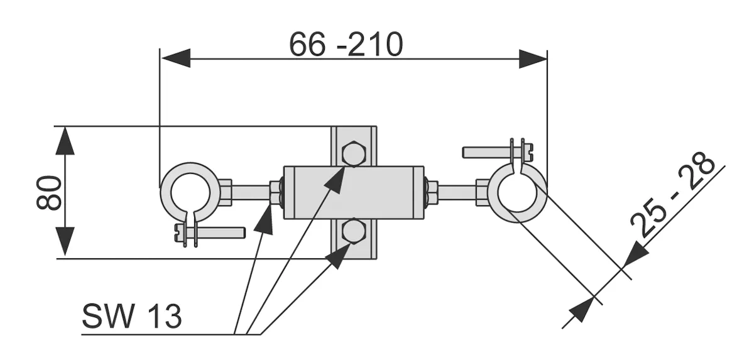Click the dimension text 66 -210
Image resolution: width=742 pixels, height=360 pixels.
point(346,45)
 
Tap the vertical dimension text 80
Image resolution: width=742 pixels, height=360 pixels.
point(49,192)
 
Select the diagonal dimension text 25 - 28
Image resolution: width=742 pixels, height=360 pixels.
point(672,194)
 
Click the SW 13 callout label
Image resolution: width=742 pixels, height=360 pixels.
point(131,316)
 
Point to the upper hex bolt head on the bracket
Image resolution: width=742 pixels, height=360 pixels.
point(353,153)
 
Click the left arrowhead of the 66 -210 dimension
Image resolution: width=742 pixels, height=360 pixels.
point(175,58)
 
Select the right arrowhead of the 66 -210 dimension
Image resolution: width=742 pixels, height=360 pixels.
point(533,58)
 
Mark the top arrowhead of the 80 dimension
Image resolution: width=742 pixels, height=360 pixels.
point(65,141)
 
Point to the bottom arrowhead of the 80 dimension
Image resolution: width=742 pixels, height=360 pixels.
point(65,241)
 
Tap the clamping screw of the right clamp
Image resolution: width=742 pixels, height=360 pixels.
point(498,152)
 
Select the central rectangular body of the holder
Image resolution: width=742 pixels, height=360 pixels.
point(353,192)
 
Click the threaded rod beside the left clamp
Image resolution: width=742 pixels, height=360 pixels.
point(250,192)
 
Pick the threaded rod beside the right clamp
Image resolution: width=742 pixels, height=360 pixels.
point(457,192)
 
